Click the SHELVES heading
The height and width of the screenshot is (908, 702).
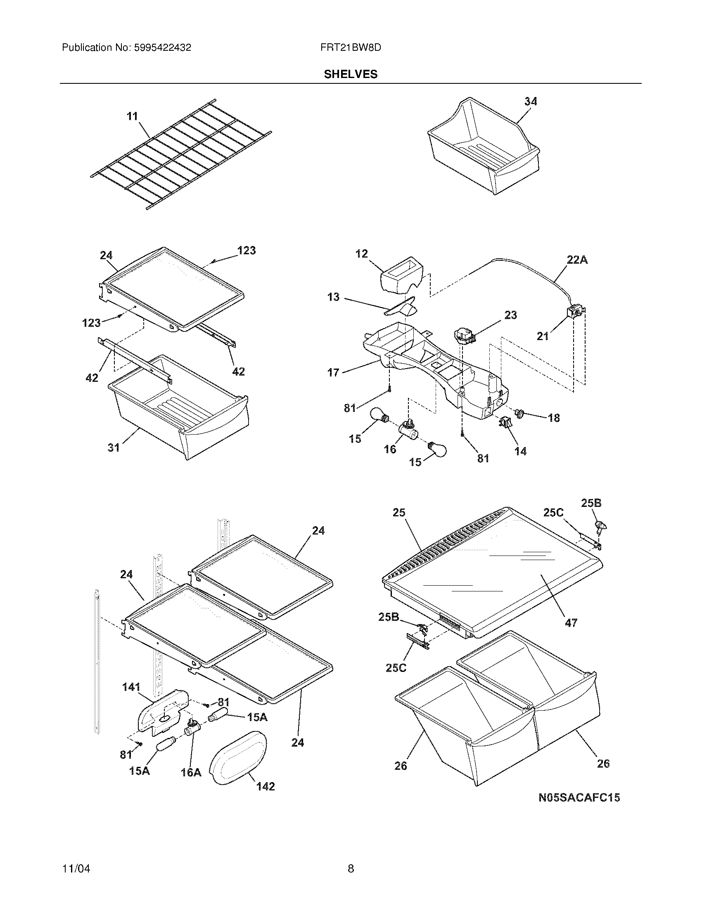click(x=351, y=74)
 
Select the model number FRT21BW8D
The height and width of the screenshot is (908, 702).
click(x=351, y=47)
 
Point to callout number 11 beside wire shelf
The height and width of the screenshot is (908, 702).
click(x=132, y=116)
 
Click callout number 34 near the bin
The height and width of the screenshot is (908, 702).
click(x=531, y=101)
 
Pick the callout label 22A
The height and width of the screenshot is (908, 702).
click(x=577, y=260)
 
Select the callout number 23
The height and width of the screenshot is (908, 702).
click(x=510, y=315)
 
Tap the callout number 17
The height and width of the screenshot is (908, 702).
click(x=333, y=373)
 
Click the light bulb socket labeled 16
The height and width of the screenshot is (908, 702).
click(x=408, y=430)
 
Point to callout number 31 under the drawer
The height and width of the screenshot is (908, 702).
click(x=114, y=447)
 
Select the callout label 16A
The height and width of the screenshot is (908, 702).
click(x=191, y=773)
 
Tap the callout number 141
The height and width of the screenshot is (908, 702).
click(x=131, y=687)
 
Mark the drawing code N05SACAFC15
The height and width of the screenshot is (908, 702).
click(x=579, y=797)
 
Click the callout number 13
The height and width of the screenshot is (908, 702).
click(x=333, y=297)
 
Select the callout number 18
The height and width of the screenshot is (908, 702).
click(x=553, y=418)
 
